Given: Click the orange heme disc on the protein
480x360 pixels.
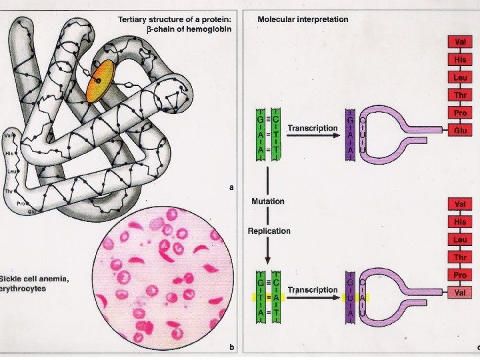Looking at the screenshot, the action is pos(100,81).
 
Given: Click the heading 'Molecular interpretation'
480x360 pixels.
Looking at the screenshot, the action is pos(303,19).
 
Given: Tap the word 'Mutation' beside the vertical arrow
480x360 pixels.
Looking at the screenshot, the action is pos(268,201).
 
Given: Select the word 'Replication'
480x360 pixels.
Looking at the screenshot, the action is pos(269,231).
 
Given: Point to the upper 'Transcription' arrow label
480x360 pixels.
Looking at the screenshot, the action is pos(313,127).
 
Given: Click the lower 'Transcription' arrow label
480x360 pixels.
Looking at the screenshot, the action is pos(312,290).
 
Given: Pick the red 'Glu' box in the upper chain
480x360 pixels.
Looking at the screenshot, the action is pos(459,131).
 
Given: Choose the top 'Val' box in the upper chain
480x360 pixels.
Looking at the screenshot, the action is pos(459,42).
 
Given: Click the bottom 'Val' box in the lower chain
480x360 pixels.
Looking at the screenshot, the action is pos(459,292).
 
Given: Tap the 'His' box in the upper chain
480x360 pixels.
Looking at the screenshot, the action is pos(459,60).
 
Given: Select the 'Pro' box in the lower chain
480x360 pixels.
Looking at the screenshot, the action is pos(459,274).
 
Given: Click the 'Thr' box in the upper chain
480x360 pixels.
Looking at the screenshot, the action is pos(459,95).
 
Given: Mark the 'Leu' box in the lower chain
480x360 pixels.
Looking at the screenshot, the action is pos(459,239).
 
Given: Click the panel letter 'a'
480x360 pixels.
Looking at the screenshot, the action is pos(231,187).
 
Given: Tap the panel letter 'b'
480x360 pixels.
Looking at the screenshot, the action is pos(231,347).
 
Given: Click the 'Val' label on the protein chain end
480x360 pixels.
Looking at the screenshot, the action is pos(9,136).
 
